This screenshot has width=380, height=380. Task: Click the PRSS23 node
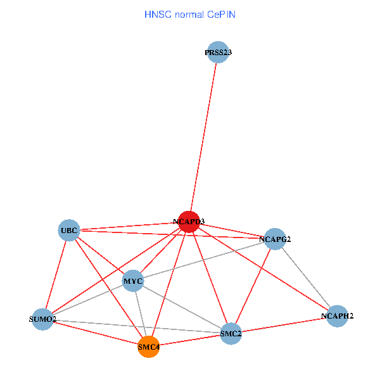[x=218, y=53]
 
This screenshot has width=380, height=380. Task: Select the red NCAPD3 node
[x=189, y=222]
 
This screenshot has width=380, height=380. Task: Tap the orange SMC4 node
[x=148, y=346]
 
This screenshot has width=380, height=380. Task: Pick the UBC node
[x=68, y=229]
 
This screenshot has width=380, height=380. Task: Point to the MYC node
[x=133, y=281]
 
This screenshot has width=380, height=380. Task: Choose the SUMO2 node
[x=43, y=319]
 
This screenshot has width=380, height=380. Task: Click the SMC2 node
[x=231, y=333]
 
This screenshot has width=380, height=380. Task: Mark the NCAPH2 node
[x=338, y=315]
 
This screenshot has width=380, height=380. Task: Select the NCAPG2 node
[x=275, y=239]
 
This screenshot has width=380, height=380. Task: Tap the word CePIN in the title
[x=222, y=14]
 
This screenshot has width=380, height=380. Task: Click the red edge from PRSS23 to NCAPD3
[x=203, y=137]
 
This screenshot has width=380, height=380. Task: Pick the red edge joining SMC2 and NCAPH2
[x=284, y=324]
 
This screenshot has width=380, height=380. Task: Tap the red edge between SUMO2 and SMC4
[x=96, y=332]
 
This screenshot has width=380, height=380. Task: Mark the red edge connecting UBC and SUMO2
[x=56, y=274]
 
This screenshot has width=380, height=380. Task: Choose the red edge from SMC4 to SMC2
[x=190, y=339]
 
